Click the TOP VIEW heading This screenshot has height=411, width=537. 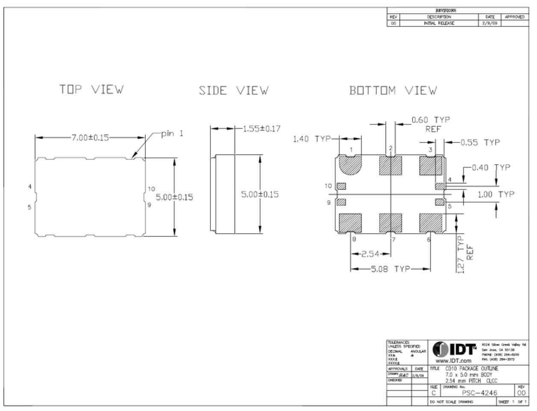(x=91, y=89)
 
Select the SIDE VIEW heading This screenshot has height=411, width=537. (x=233, y=91)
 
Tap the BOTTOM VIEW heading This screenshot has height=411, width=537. (x=393, y=91)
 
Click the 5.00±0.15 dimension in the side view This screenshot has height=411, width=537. (x=260, y=194)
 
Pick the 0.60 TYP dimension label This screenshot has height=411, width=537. (x=431, y=120)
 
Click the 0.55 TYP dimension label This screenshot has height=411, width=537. (x=480, y=142)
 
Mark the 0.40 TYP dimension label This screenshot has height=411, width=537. (x=491, y=167)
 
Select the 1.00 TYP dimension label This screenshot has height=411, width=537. (x=496, y=194)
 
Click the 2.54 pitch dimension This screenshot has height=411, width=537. (x=371, y=254)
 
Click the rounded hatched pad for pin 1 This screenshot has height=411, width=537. (x=350, y=166)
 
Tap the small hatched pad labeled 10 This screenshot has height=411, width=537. (x=341, y=186)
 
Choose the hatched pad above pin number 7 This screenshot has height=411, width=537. (x=391, y=223)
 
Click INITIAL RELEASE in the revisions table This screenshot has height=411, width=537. (x=439, y=23)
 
